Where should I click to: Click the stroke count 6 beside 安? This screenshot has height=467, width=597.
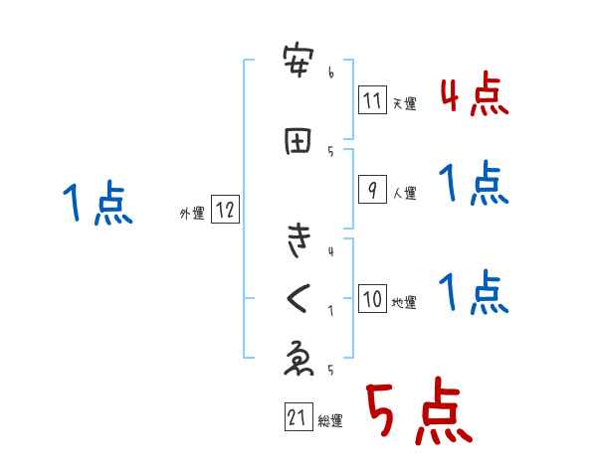(x=330, y=73)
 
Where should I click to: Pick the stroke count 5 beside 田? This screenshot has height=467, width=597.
(x=330, y=150)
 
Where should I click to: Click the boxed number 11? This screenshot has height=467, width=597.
(x=372, y=99)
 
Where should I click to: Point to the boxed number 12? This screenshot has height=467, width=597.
(x=225, y=210)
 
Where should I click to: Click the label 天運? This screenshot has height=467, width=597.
(x=404, y=103)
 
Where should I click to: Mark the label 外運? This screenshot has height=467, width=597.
(x=191, y=213)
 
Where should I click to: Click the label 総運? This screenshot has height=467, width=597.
(x=330, y=421)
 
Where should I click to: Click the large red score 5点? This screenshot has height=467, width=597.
(x=417, y=413)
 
